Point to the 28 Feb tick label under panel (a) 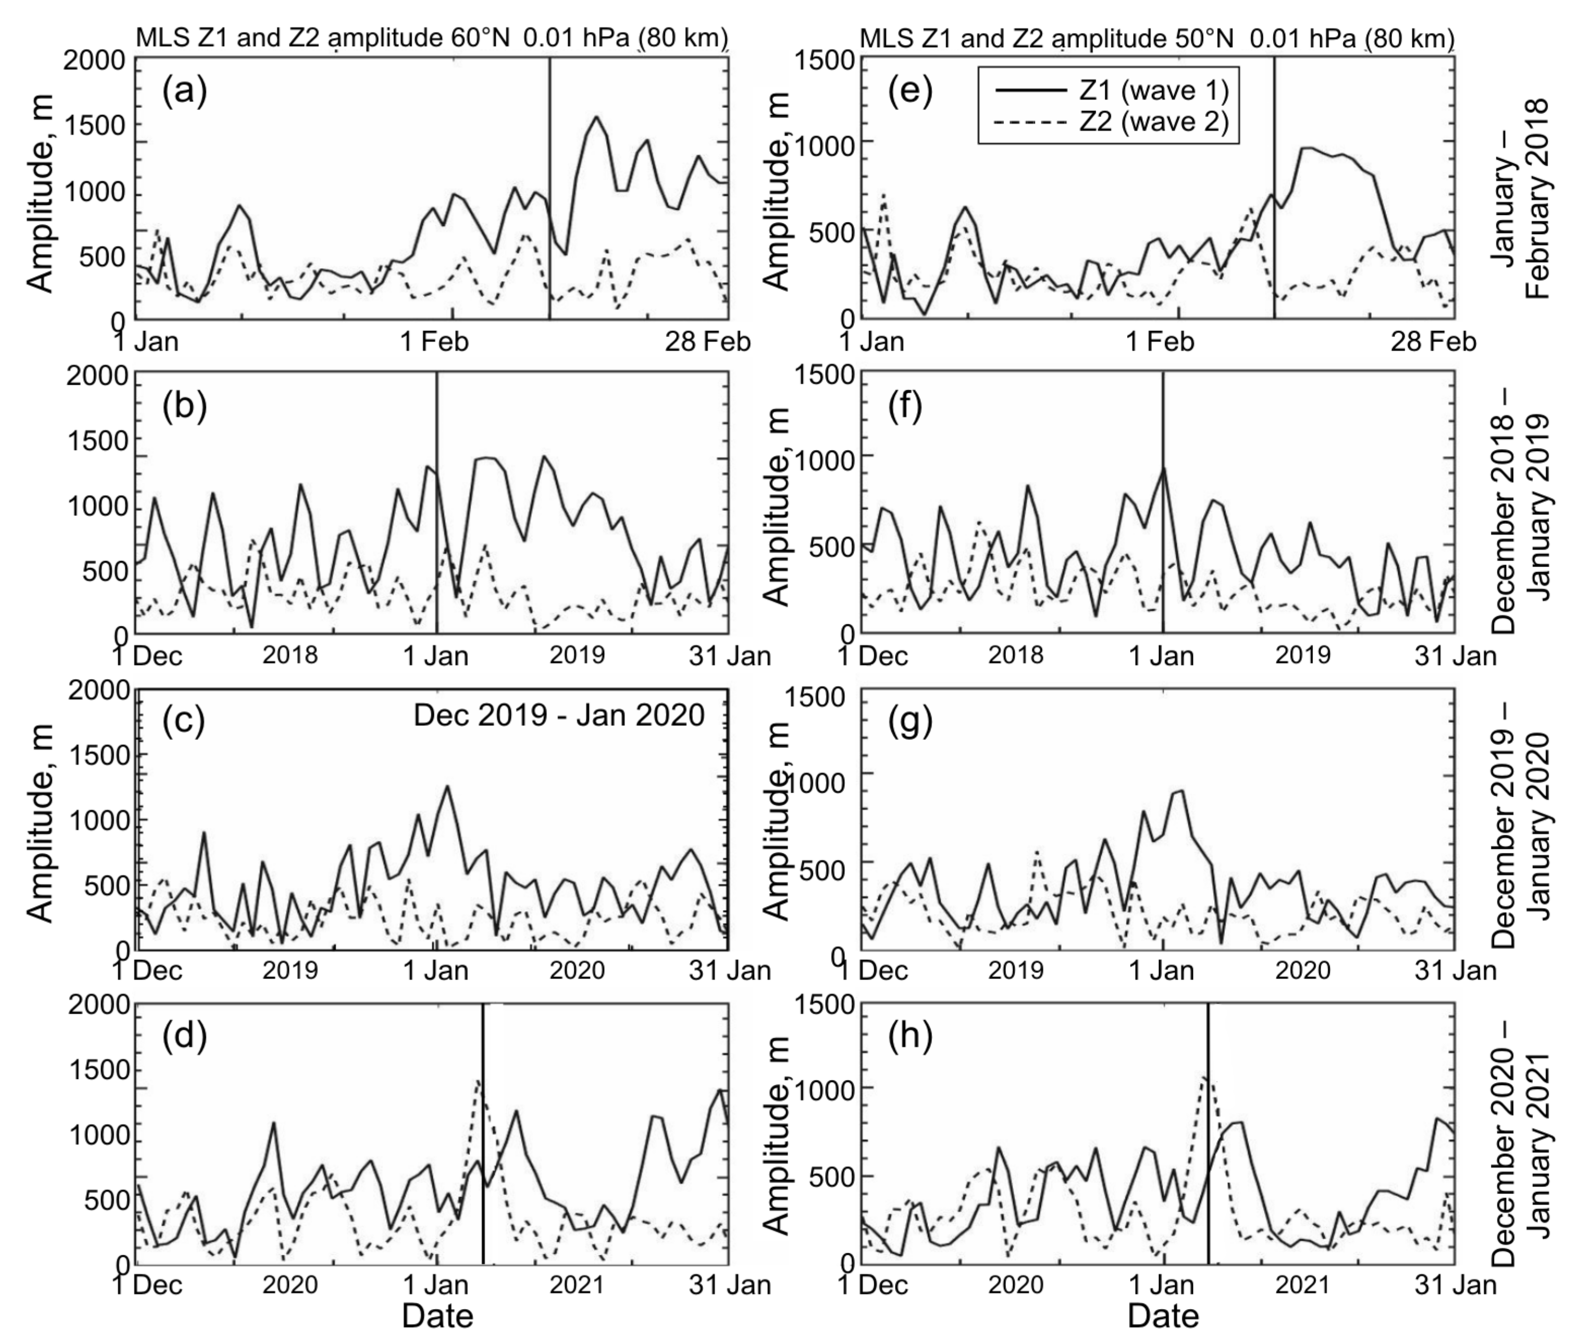pos(707,342)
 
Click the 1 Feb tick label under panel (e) pos(1160,342)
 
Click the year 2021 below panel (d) pos(576,1285)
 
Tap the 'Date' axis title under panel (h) pos(1163,1315)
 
